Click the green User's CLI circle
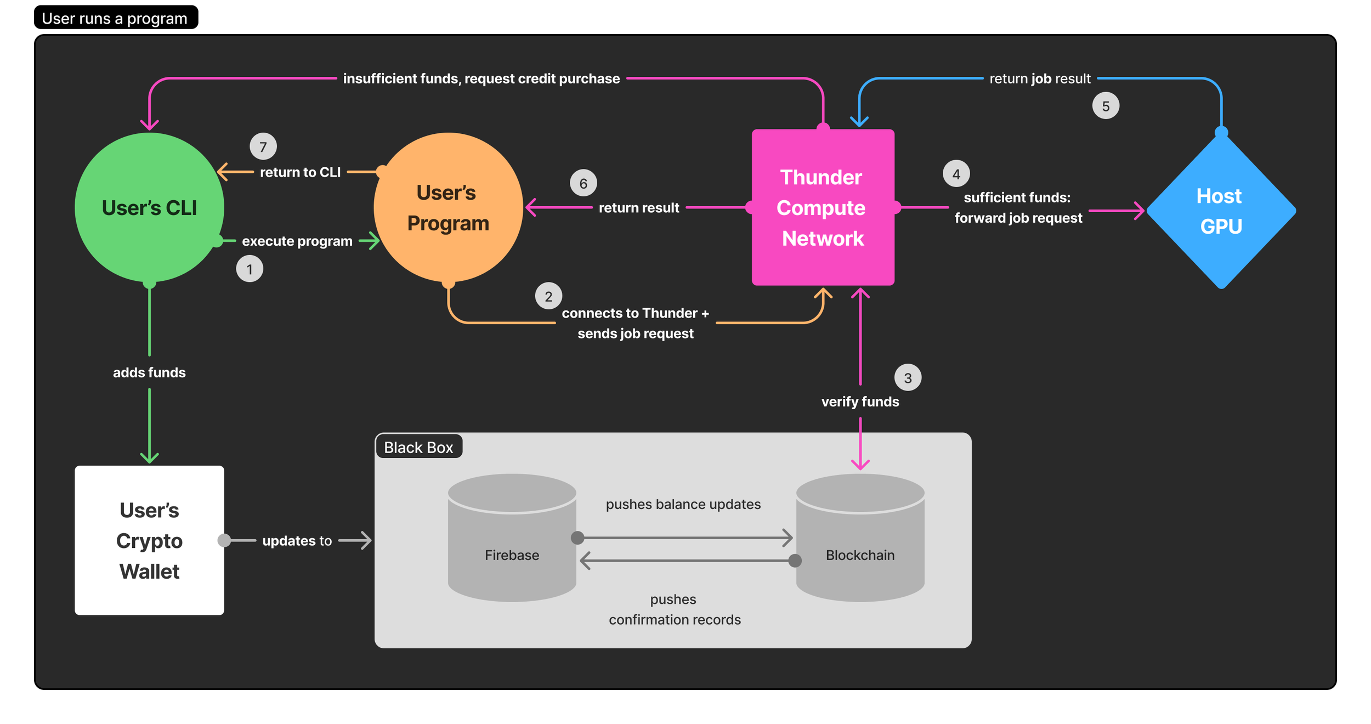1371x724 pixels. tap(149, 207)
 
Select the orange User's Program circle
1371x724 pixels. tap(447, 207)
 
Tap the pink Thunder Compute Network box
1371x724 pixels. tap(823, 207)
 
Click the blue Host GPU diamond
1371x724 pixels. tap(1221, 211)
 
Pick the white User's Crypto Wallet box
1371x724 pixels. tap(149, 540)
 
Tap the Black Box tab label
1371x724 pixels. tap(418, 447)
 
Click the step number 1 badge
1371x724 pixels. tap(250, 269)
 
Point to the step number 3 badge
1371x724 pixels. tap(908, 377)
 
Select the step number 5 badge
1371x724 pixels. tap(1106, 106)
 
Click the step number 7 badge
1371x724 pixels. tap(263, 146)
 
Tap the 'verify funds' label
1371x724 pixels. tap(860, 401)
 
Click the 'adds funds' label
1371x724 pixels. tap(149, 372)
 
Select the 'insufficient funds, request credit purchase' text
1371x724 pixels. tap(481, 78)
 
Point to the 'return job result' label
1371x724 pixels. tap(1040, 78)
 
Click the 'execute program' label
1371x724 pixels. tap(297, 241)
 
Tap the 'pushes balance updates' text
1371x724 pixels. tap(683, 504)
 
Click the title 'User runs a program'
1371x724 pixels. tap(115, 19)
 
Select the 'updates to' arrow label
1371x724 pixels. tap(297, 540)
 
